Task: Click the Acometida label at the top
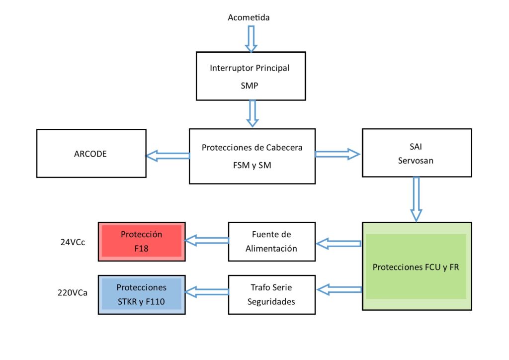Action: point(249,17)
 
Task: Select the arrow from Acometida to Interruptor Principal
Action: point(251,39)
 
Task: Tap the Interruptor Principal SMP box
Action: point(251,76)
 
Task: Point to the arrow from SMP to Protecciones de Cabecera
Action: point(252,113)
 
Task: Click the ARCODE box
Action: point(91,153)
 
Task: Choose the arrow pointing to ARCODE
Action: point(168,156)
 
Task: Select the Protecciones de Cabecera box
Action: point(252,156)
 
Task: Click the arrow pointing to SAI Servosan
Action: point(338,154)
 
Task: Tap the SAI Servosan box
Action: point(417,153)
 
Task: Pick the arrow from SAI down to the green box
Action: point(416,199)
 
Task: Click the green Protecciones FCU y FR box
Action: point(417,266)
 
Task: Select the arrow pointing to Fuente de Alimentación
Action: point(339,244)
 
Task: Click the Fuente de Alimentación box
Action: point(272,242)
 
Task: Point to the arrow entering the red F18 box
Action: point(207,240)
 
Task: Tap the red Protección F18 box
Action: point(142,242)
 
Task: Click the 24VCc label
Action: point(73,242)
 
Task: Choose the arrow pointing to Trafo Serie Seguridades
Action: point(339,289)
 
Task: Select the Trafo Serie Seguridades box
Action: point(272,295)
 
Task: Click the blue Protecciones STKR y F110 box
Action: point(142,295)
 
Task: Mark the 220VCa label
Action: point(73,293)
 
